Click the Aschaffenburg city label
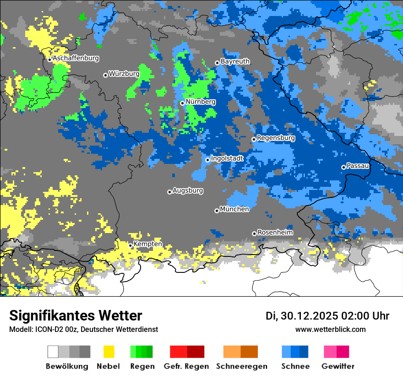pyautogui.click(x=76, y=59)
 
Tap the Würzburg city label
pyautogui.click(x=124, y=74)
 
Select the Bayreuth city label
pyautogui.click(x=235, y=61)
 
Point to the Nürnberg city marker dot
pyautogui.click(x=182, y=103)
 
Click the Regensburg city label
pyautogui.click(x=276, y=138)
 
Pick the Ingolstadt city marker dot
pyautogui.click(x=207, y=160)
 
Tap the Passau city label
pyautogui.click(x=358, y=166)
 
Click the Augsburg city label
pyautogui.click(x=188, y=190)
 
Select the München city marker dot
pyautogui.click(x=217, y=211)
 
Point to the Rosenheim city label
pyautogui.click(x=275, y=232)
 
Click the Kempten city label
pyautogui.click(x=147, y=244)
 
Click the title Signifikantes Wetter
pyautogui.click(x=76, y=316)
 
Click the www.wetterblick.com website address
pyautogui.click(x=330, y=330)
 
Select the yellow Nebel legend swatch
pyautogui.click(x=109, y=352)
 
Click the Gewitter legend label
pyautogui.click(x=338, y=366)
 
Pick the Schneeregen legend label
pyautogui.click(x=240, y=366)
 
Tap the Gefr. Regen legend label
pyautogui.click(x=186, y=366)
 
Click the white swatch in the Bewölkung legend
pyautogui.click(x=53, y=352)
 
